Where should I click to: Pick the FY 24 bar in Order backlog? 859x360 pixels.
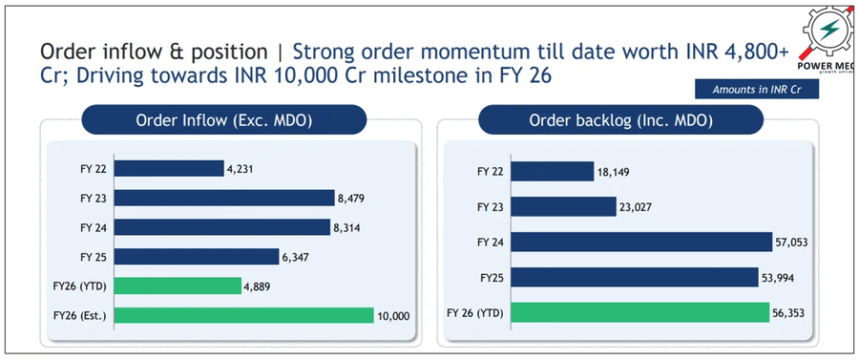[x=640, y=243]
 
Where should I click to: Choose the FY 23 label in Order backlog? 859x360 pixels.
[x=492, y=207]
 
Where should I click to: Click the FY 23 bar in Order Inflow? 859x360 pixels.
[x=228, y=199]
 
